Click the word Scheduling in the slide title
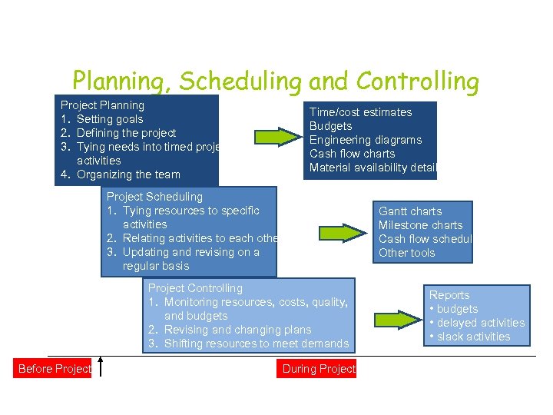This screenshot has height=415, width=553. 237,81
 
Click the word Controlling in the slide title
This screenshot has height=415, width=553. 416,81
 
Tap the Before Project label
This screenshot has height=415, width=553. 54,369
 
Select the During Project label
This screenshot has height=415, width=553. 319,369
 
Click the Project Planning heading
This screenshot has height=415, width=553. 102,105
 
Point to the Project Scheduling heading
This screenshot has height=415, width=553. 154,197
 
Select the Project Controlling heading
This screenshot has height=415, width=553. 195,288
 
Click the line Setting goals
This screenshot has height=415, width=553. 110,119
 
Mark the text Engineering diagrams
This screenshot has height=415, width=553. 366,140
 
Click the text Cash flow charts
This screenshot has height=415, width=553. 352,154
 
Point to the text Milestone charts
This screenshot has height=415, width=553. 420,225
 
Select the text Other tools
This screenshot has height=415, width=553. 406,253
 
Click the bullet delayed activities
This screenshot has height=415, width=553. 481,323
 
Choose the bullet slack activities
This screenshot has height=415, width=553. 473,337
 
